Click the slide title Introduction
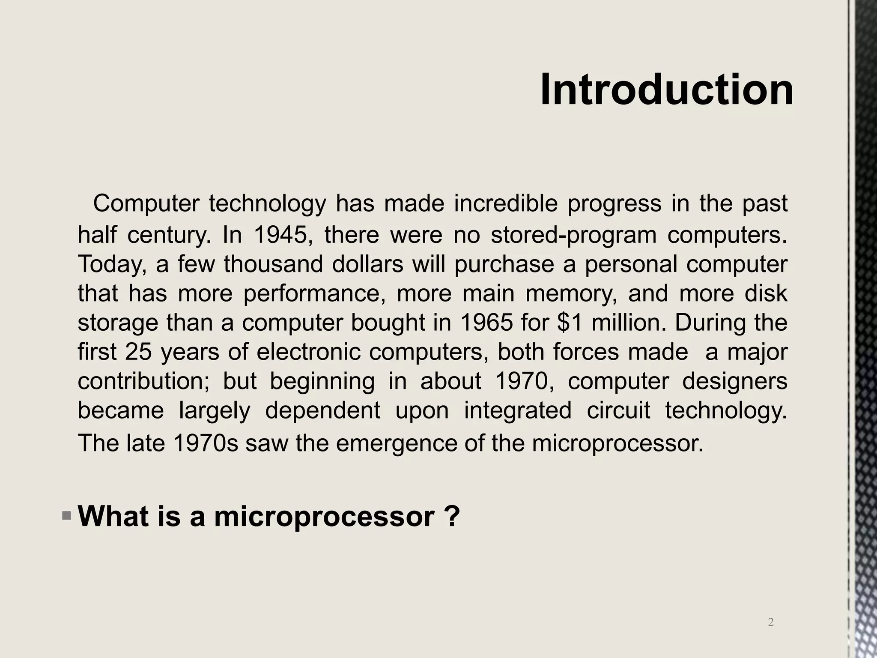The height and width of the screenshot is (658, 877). [x=667, y=90]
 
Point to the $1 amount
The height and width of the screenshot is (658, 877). [x=570, y=323]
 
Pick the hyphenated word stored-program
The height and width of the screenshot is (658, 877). [x=573, y=235]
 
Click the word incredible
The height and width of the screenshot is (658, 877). [x=506, y=203]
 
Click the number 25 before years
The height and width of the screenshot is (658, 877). [x=138, y=352]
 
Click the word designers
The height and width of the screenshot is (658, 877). [x=734, y=381]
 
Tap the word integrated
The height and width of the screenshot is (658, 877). [x=518, y=410]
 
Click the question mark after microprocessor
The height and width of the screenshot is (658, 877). [x=452, y=516]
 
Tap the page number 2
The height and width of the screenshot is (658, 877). [x=771, y=622]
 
